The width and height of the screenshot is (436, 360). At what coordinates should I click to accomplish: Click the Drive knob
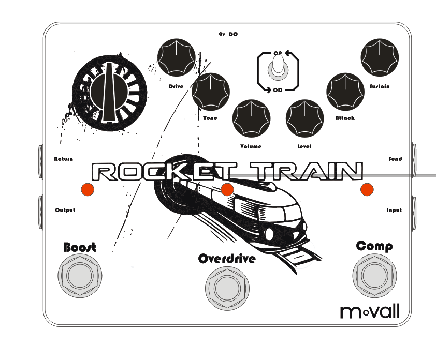tap(177, 57)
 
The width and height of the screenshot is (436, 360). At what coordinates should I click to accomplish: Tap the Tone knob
tap(210, 92)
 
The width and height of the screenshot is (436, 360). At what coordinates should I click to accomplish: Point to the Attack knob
tap(345, 92)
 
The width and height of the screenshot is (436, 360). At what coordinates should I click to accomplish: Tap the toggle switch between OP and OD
tap(278, 69)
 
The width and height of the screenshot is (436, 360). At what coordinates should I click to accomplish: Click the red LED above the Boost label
tap(87, 189)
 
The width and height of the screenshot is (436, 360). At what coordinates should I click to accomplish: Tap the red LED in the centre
tap(227, 190)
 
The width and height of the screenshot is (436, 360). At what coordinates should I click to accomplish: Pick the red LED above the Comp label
tap(367, 190)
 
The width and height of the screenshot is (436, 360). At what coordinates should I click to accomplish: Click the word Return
tap(64, 159)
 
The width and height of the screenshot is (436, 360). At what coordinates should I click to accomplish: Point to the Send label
tap(395, 159)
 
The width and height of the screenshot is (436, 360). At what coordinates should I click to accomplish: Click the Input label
tap(394, 210)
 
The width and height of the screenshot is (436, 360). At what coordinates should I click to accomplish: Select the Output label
tap(65, 210)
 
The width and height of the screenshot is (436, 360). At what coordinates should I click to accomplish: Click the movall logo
tap(369, 311)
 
